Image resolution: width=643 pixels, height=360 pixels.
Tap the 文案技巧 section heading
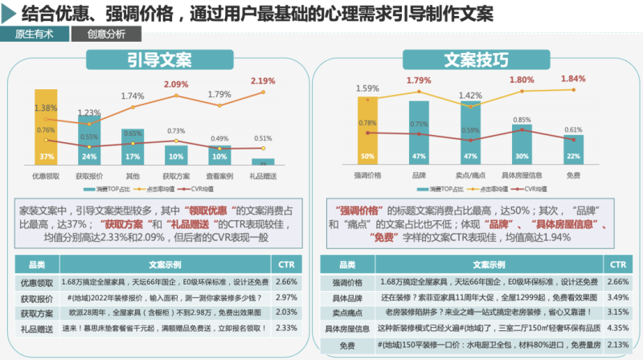click(477, 60)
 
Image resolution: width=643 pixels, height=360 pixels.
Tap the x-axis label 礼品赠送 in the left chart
click(262, 174)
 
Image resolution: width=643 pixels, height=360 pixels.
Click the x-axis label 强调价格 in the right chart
click(367, 174)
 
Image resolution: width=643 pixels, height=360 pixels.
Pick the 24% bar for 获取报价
click(90, 141)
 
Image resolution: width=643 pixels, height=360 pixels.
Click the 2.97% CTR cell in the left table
click(286, 298)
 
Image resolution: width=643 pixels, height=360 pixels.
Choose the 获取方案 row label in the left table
click(36, 313)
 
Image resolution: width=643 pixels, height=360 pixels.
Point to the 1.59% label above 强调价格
click(367, 88)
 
